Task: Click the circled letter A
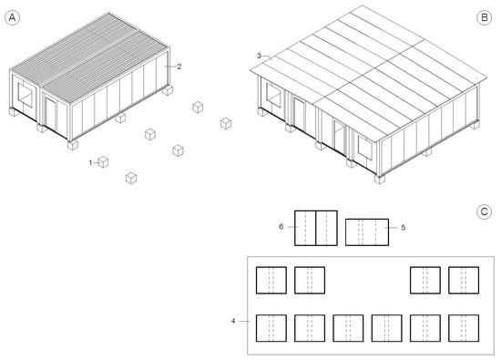pyautogui.click(x=12, y=17)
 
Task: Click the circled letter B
pyautogui.click(x=484, y=17)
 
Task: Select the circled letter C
pyautogui.click(x=484, y=211)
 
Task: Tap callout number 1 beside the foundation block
pyautogui.click(x=90, y=163)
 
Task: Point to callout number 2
pyautogui.click(x=179, y=67)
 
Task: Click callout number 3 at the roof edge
pyautogui.click(x=259, y=56)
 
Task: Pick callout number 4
pyautogui.click(x=233, y=321)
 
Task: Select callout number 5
pyautogui.click(x=404, y=227)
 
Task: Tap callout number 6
pyautogui.click(x=281, y=226)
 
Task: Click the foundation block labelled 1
pyautogui.click(x=103, y=162)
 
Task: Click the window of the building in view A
pyautogui.click(x=26, y=95)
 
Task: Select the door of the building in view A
pyautogui.click(x=50, y=115)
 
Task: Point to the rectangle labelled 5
pyautogui.click(x=367, y=232)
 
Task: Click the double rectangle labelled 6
pyautogui.click(x=316, y=228)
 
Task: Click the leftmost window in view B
pyautogui.click(x=273, y=95)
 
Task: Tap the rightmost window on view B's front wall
pyautogui.click(x=365, y=148)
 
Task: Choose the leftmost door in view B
pyautogui.click(x=300, y=115)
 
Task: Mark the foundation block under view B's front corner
pyautogui.click(x=380, y=179)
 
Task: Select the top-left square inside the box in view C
pyautogui.click(x=271, y=280)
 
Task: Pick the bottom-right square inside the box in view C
pyautogui.click(x=464, y=328)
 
